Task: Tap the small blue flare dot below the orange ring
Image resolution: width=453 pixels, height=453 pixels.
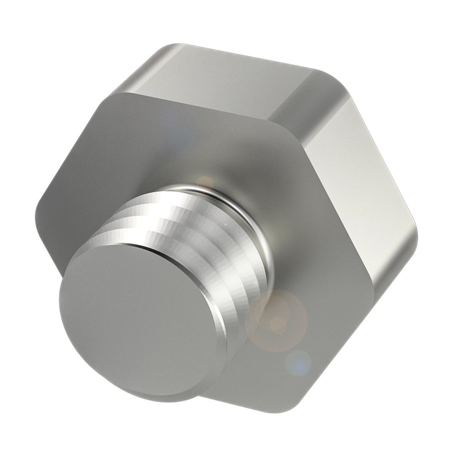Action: (298, 362)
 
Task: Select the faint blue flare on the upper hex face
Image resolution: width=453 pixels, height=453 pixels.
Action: (179, 136)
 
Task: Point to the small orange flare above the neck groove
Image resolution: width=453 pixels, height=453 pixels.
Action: (205, 182)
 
